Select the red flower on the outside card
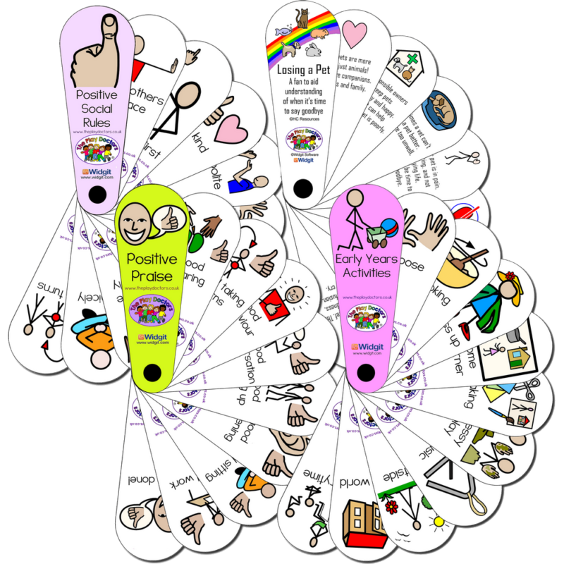pos(392,506)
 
